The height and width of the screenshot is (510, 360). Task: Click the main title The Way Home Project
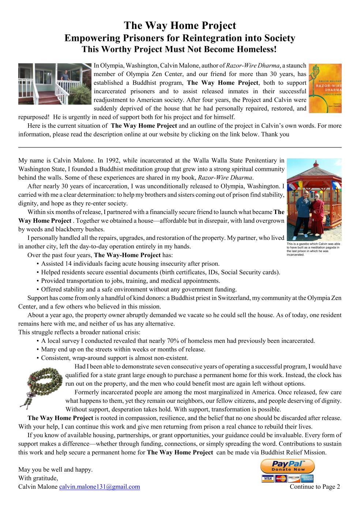180,26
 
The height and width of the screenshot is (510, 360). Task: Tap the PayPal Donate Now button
287,466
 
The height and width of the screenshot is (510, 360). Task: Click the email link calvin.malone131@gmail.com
100,487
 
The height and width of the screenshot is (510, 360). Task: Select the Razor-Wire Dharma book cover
325,88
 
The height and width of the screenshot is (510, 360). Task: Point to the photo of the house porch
55,84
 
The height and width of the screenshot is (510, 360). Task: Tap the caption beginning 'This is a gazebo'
314,249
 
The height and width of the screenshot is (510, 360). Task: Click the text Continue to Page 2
315,487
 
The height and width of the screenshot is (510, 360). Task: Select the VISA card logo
267,479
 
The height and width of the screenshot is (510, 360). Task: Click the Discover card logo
294,479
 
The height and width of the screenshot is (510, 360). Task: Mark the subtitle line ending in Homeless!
180,49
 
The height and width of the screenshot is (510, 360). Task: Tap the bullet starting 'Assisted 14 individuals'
130,264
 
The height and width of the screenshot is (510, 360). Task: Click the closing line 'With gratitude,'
38,478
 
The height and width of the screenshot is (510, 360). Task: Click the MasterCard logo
281,479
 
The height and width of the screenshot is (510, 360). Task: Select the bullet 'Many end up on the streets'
123,349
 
